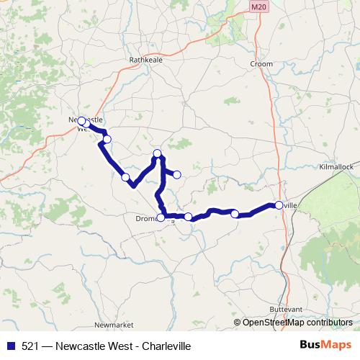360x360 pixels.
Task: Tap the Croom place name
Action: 261,64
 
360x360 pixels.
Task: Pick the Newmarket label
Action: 109,325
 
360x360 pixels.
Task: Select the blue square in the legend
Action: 10,346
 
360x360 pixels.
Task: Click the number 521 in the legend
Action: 30,346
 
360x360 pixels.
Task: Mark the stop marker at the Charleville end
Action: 279,205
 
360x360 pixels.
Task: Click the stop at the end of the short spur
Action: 176,174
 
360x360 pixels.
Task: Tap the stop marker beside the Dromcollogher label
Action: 161,217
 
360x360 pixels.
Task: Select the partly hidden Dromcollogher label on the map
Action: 147,218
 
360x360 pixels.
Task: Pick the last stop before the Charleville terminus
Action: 235,213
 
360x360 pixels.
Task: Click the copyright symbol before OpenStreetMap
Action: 238,323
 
